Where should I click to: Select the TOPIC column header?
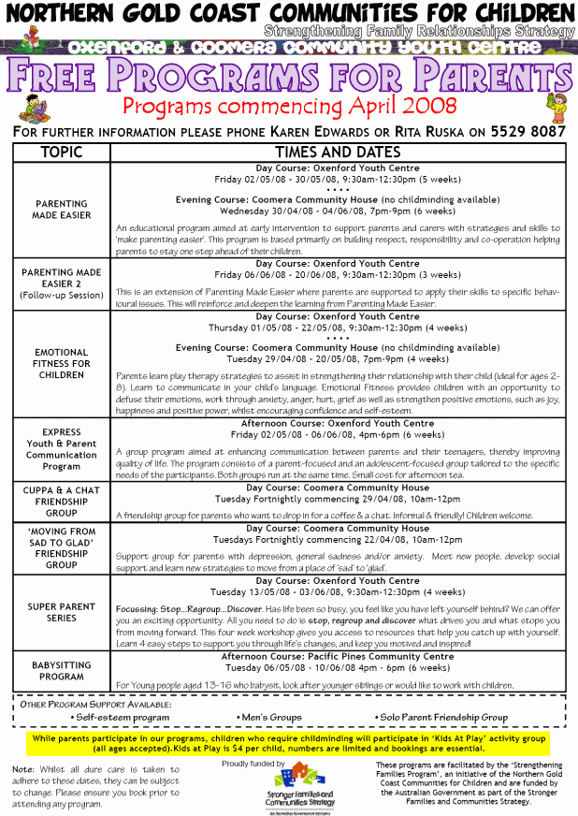pos(61,152)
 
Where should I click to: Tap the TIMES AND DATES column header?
pos(337,152)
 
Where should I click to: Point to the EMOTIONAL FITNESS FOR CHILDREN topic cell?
pos(61,364)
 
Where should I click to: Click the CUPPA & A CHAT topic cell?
pos(61,501)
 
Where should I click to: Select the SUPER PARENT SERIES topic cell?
pos(61,613)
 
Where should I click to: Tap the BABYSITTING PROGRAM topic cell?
pos(61,672)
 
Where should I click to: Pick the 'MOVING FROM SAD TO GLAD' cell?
pos(61,547)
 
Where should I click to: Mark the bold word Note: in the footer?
pos(24,769)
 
